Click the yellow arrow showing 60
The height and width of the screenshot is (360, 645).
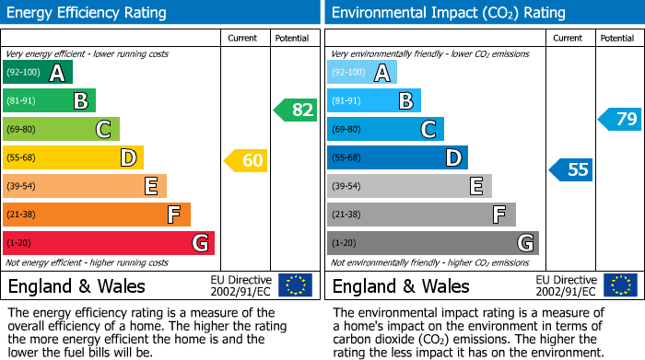[246, 161]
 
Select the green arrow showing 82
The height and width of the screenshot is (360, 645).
[296, 110]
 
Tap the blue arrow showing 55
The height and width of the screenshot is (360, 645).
[570, 169]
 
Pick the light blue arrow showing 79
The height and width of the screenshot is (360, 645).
[620, 119]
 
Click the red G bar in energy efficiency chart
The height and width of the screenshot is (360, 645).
[109, 243]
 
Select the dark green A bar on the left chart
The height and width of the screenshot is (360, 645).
[38, 72]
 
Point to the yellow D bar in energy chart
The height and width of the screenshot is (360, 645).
[73, 157]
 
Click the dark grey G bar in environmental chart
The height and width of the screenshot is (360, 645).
[432, 243]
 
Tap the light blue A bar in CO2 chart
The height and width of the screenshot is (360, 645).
[362, 72]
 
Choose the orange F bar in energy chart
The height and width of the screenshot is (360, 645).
[97, 215]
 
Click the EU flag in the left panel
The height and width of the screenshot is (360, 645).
[295, 285]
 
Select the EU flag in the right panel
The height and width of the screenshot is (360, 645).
[620, 285]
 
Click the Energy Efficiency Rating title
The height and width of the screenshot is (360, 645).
[88, 13]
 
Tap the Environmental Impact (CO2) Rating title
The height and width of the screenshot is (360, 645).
[447, 13]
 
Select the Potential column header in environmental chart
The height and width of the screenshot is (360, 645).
[617, 38]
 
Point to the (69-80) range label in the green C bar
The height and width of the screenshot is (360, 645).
[22, 129]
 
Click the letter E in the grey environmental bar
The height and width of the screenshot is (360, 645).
[475, 186]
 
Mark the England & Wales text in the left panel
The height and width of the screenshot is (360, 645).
[77, 285]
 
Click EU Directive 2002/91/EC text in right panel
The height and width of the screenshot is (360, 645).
[566, 285]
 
